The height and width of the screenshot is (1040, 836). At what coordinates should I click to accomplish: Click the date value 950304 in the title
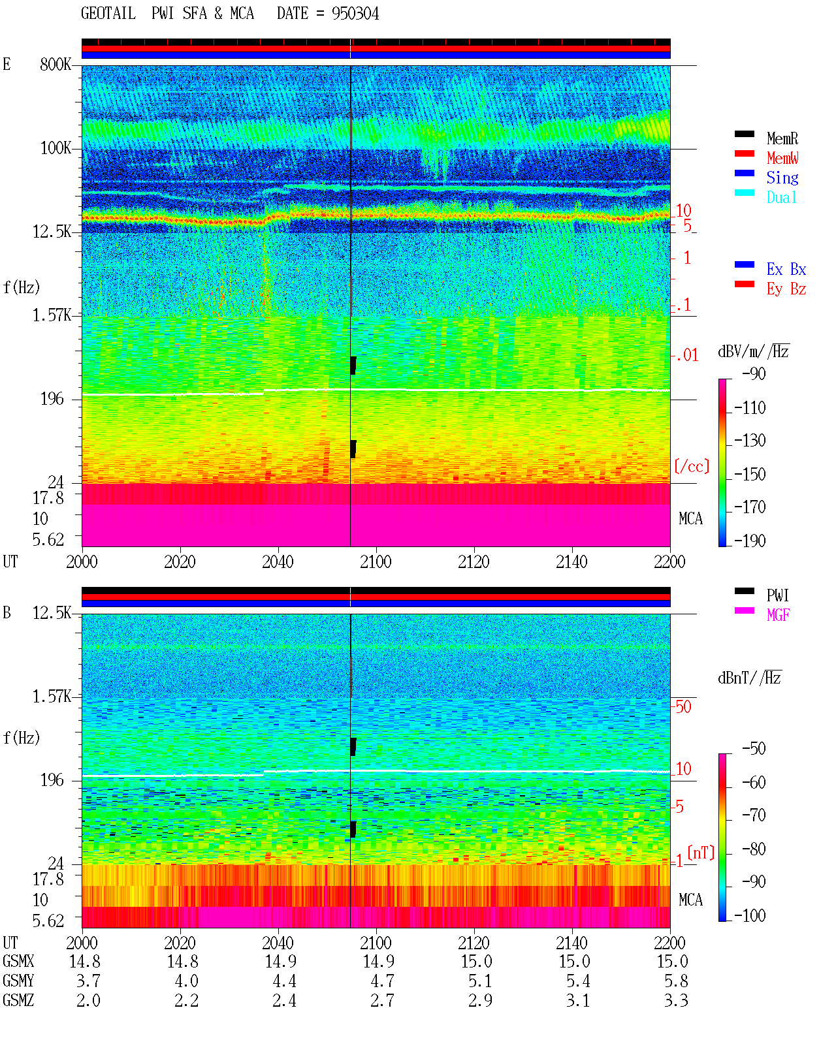355,14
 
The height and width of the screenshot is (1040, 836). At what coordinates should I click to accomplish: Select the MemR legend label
782,138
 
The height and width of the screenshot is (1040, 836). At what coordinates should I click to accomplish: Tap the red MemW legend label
782,158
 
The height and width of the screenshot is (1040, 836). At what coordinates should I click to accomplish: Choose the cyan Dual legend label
781,197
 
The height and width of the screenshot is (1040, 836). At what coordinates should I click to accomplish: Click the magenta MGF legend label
778,615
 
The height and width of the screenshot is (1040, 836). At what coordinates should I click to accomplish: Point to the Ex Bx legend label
786,269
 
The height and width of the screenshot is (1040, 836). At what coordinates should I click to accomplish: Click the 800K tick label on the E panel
56,64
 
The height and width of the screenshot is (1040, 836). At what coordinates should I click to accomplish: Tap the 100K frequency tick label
56,148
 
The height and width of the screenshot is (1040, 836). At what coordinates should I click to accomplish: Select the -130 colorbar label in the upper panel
750,440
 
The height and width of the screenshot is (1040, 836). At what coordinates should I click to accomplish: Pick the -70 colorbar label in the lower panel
754,815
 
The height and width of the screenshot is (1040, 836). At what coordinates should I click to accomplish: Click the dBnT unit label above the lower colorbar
749,678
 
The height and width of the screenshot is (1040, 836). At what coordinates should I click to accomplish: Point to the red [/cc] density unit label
692,466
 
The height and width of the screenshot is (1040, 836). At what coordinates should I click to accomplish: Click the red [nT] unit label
701,852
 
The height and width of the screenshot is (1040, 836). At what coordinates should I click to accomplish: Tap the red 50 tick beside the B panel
683,706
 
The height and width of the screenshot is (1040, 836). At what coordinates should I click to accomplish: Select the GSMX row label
18,961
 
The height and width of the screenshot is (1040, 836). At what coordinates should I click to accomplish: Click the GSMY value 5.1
480,981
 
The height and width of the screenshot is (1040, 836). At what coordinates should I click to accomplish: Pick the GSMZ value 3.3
676,1000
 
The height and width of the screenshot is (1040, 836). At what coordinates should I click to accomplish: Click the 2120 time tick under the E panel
474,561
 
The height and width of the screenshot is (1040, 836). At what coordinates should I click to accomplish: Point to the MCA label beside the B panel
690,900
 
